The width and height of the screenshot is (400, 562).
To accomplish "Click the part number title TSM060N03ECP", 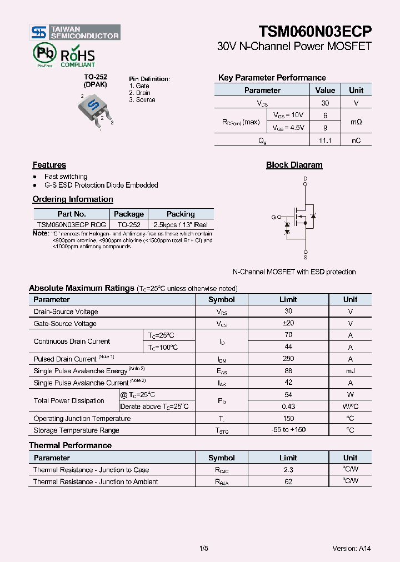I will pos(314,32).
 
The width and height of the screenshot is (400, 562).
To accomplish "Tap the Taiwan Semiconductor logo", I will pos(75,32).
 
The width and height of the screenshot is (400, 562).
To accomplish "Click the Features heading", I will pos(49,165).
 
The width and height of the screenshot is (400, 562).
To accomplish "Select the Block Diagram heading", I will pos(294,165).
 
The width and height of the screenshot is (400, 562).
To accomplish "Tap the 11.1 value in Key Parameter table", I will pos(325,140).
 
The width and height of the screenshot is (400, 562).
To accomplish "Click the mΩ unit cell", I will pos(356,122).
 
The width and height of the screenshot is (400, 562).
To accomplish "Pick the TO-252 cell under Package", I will pos(129,225).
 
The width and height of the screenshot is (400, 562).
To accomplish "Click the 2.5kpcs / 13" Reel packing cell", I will pos(181,225).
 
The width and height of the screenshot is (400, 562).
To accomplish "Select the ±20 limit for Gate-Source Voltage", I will pos(288,323).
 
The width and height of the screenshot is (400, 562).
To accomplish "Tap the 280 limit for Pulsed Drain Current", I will pos(288,359).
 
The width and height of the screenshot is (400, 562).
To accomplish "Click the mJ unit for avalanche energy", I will pos(350,371).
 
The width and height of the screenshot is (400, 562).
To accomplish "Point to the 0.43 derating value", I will pos(288,407).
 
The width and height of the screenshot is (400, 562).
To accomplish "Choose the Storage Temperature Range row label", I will pos(76,430).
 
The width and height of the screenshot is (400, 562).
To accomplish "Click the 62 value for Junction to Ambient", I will pos(288,481).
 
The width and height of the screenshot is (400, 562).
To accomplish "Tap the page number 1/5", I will pos(203,548).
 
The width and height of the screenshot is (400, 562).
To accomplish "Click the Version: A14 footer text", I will pos(351,548).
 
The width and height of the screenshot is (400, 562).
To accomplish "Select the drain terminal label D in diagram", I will pos(305,178).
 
